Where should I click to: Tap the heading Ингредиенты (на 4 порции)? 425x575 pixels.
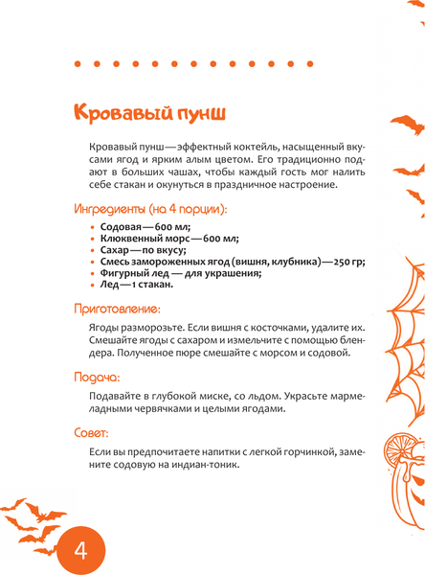click(x=150, y=208)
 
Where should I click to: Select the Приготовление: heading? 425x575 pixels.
click(x=117, y=309)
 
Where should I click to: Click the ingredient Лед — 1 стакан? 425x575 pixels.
click(x=135, y=284)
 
